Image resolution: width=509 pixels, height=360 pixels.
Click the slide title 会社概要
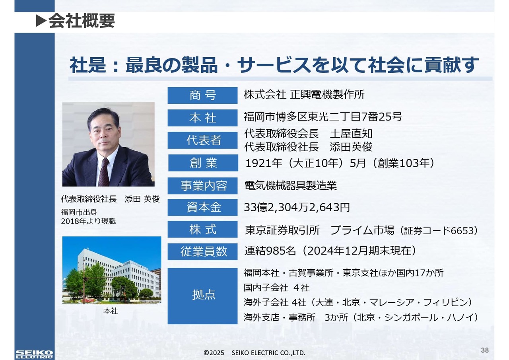[x=82, y=21]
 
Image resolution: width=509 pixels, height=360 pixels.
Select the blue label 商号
[x=202, y=95]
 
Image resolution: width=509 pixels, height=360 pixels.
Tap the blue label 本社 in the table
[x=202, y=118]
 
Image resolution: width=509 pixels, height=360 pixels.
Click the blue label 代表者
[x=202, y=140]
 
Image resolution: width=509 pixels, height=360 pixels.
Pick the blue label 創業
[x=203, y=163]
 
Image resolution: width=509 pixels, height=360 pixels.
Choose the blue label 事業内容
[x=202, y=186]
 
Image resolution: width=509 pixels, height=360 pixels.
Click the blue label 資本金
[x=202, y=207]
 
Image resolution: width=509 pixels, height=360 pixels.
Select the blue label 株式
[x=202, y=229]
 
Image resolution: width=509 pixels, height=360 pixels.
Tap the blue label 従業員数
[x=202, y=251]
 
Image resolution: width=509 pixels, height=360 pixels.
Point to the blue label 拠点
[x=202, y=296]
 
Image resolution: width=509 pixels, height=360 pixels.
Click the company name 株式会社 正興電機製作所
[x=304, y=95]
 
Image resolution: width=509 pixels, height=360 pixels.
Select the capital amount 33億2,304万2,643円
[x=297, y=207]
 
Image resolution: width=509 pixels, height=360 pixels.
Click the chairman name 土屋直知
[x=351, y=134]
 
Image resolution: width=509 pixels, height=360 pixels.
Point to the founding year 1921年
[x=264, y=163]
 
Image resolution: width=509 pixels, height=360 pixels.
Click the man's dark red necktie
[x=104, y=173]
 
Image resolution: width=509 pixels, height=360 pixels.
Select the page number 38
[x=485, y=350]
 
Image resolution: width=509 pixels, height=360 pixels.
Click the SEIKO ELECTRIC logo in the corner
[x=34, y=354]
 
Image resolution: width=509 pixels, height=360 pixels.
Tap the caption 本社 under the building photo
[x=111, y=311]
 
